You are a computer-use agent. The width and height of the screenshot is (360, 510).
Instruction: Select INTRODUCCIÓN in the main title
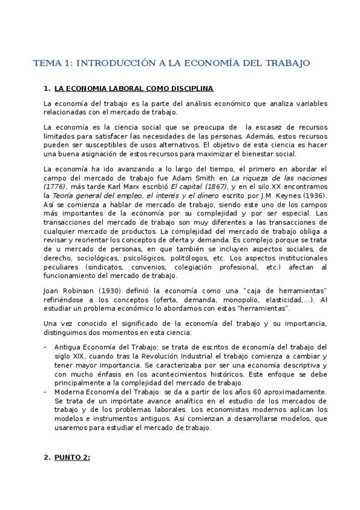tap(114, 63)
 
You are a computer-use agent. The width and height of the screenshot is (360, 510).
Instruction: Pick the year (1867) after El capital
tap(204, 187)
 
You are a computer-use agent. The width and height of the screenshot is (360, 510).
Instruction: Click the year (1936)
tap(313, 196)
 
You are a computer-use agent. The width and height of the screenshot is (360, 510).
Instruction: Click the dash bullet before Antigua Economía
tap(46, 347)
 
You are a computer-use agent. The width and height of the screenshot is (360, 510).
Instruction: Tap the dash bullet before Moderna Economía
tap(46, 392)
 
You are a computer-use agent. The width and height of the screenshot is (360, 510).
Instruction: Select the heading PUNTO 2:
tap(72, 458)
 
